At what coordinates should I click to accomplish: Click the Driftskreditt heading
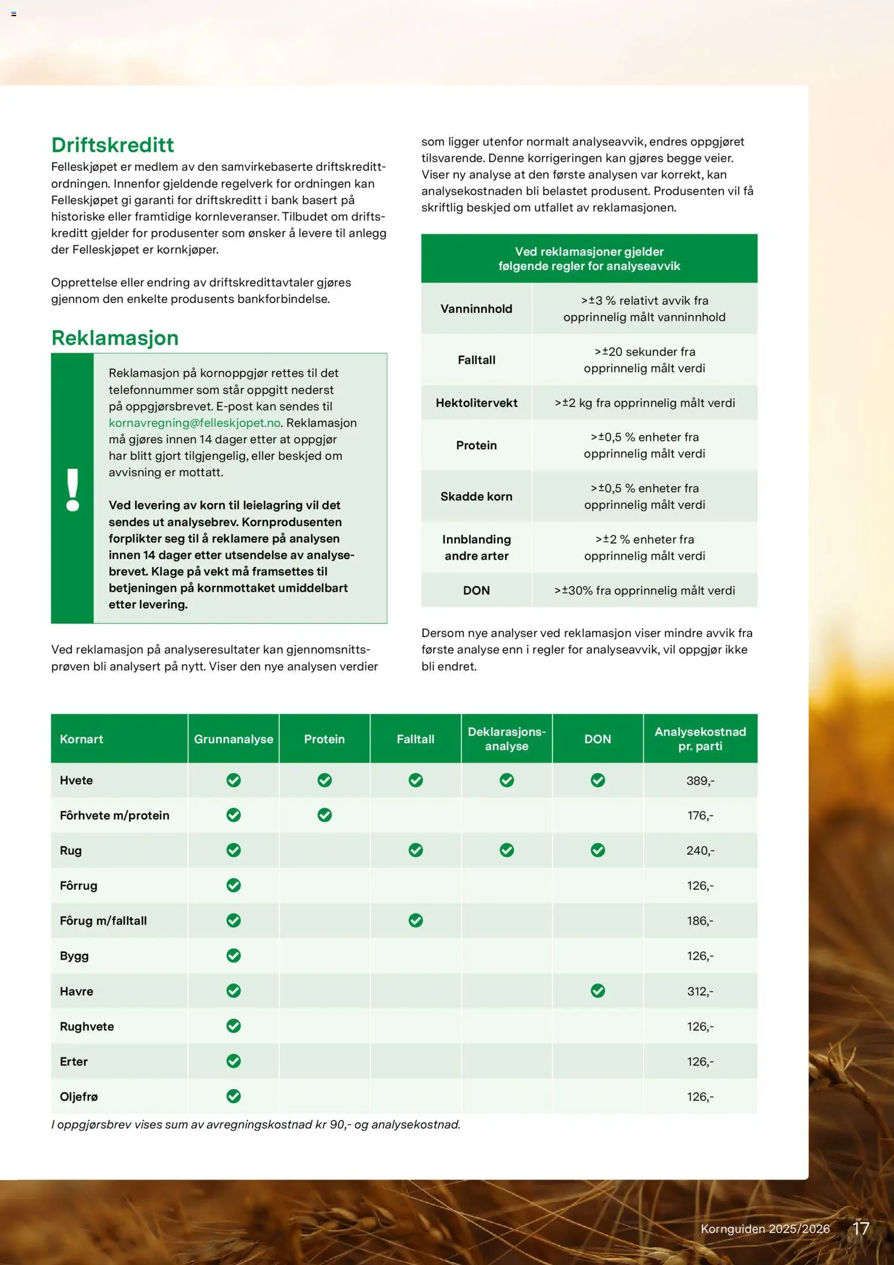[112, 145]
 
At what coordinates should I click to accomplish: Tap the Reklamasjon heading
[115, 338]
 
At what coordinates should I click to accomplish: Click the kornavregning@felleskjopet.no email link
[194, 423]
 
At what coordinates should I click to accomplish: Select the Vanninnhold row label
[476, 309]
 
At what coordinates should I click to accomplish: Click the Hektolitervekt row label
[476, 403]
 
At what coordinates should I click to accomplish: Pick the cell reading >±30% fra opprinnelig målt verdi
[644, 590]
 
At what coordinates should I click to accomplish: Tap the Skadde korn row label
[476, 496]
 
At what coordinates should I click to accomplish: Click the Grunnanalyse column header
[234, 739]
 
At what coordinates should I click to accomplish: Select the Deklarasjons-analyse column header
[506, 739]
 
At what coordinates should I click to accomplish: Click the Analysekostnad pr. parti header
[700, 739]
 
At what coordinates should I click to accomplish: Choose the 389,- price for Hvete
[700, 781]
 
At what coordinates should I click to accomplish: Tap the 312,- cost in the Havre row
[700, 991]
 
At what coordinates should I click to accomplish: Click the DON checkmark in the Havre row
[598, 991]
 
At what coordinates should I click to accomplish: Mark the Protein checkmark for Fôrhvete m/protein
[325, 815]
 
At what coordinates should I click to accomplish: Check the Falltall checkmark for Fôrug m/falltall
[416, 920]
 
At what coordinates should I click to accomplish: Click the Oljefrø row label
[79, 1096]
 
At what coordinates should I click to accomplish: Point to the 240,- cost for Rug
[700, 851]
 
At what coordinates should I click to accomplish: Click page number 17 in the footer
[861, 1228]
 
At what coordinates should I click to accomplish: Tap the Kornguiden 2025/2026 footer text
[765, 1229]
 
